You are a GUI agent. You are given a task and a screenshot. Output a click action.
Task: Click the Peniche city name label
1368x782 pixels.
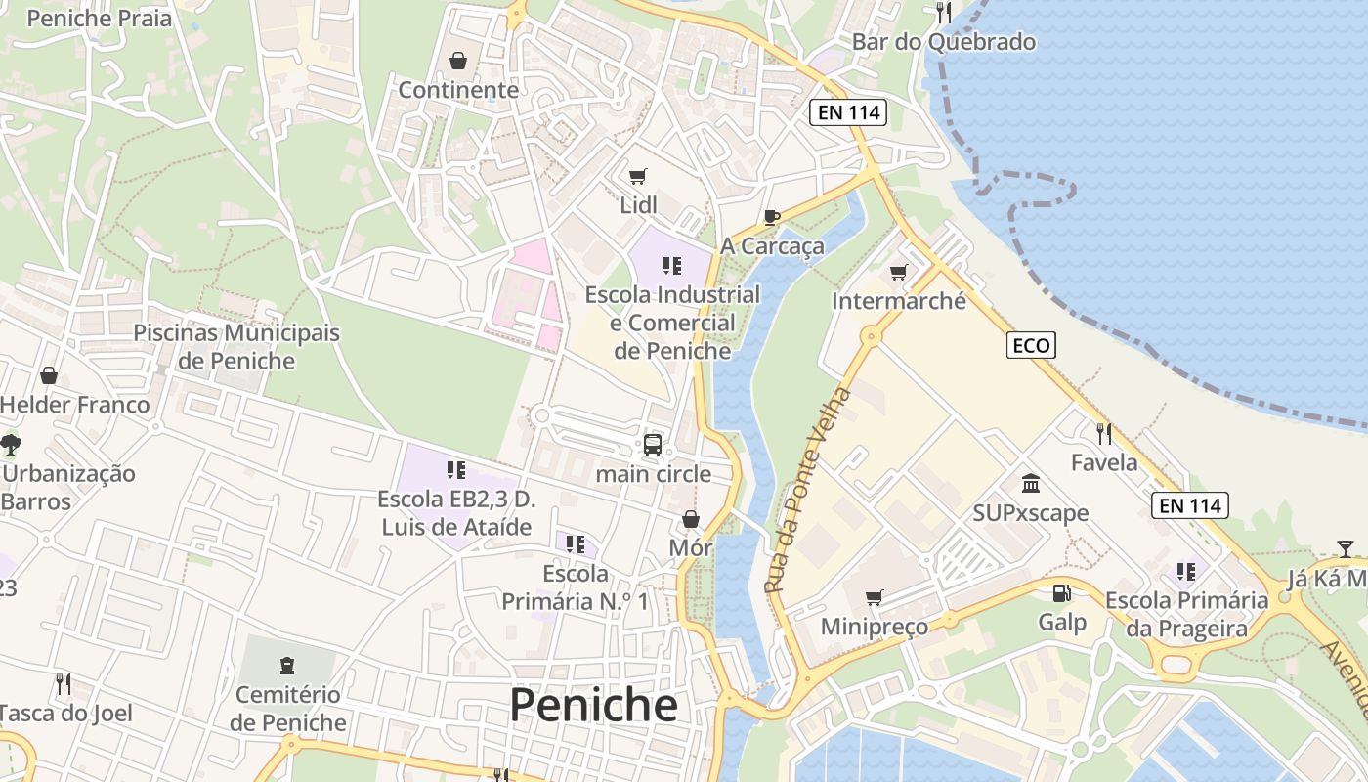[593, 705]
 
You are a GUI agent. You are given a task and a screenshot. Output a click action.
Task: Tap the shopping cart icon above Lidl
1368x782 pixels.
[638, 176]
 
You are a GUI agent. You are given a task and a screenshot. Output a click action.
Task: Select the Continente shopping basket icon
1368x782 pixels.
[458, 62]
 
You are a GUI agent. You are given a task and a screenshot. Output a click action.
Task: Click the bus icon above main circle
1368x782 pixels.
[653, 445]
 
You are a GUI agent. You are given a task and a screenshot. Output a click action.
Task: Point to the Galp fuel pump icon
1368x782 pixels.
[1061, 593]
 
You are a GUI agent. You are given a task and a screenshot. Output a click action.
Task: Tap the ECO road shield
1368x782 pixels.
[1031, 345]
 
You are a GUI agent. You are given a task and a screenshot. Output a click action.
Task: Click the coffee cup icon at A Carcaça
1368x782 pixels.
[772, 217]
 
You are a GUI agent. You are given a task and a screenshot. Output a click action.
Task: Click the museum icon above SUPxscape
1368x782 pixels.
[1030, 483]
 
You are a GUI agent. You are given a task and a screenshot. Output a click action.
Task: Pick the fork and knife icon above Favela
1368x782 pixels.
[1104, 433]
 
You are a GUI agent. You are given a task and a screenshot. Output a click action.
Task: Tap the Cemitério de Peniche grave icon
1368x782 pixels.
[287, 666]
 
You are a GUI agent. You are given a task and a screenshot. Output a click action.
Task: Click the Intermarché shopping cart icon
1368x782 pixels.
[898, 272]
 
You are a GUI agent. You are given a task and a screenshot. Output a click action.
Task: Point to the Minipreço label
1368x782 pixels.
[875, 627]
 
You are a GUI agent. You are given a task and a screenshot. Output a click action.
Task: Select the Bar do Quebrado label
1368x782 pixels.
[943, 42]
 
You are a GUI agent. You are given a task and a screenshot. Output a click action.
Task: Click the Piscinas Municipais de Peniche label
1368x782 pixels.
[236, 346]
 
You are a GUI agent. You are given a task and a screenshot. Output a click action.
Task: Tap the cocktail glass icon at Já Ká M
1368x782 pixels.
[1346, 549]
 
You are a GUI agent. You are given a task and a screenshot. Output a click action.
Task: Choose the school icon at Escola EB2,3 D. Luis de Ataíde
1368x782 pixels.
[455, 470]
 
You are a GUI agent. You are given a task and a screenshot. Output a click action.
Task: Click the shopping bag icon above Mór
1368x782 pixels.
[691, 518]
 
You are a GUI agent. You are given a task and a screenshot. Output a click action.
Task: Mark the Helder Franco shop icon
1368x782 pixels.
[49, 375]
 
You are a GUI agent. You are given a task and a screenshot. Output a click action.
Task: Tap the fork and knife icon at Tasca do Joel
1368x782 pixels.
[64, 683]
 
